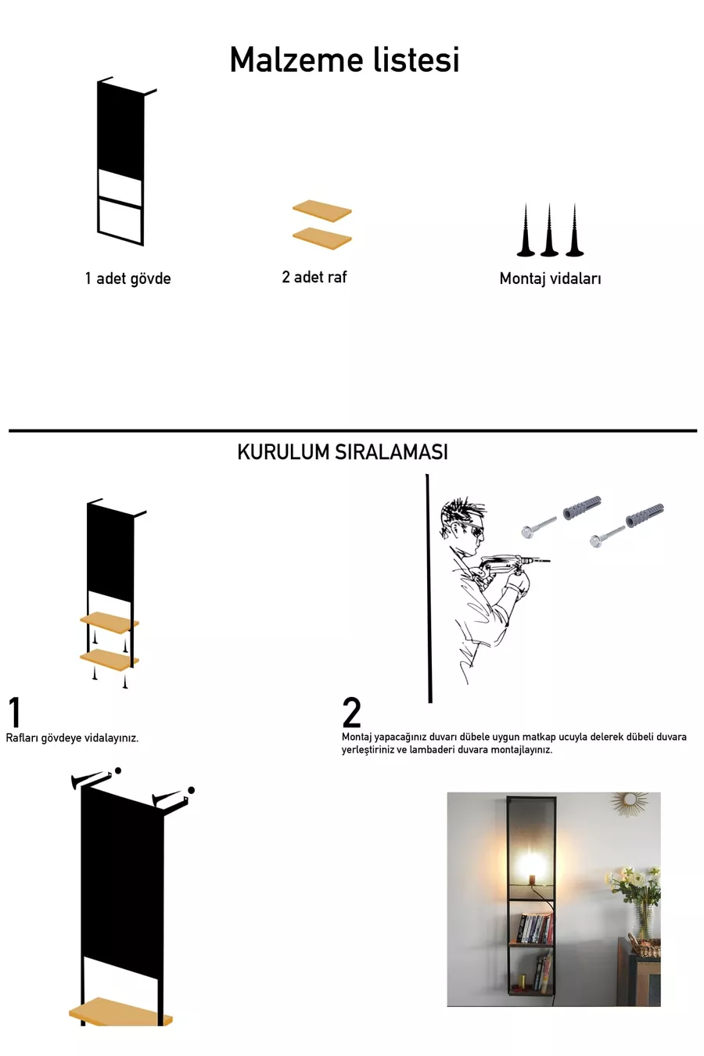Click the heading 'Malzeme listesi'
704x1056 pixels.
[344, 60]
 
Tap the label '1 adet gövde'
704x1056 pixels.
[128, 278]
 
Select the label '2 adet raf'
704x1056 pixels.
[314, 277]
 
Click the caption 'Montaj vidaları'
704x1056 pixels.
[550, 278]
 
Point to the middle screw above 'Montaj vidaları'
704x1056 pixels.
[549, 231]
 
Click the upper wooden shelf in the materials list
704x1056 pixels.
[322, 210]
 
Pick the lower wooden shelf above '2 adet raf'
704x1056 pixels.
[322, 238]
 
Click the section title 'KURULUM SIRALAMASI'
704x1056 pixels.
[343, 452]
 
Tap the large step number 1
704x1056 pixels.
[15, 713]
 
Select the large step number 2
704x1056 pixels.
[351, 713]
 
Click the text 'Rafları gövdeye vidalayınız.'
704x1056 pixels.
[72, 738]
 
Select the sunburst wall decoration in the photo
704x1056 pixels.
[630, 802]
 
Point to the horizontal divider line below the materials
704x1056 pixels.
[352, 430]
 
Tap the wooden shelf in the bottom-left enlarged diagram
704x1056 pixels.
[120, 1013]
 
